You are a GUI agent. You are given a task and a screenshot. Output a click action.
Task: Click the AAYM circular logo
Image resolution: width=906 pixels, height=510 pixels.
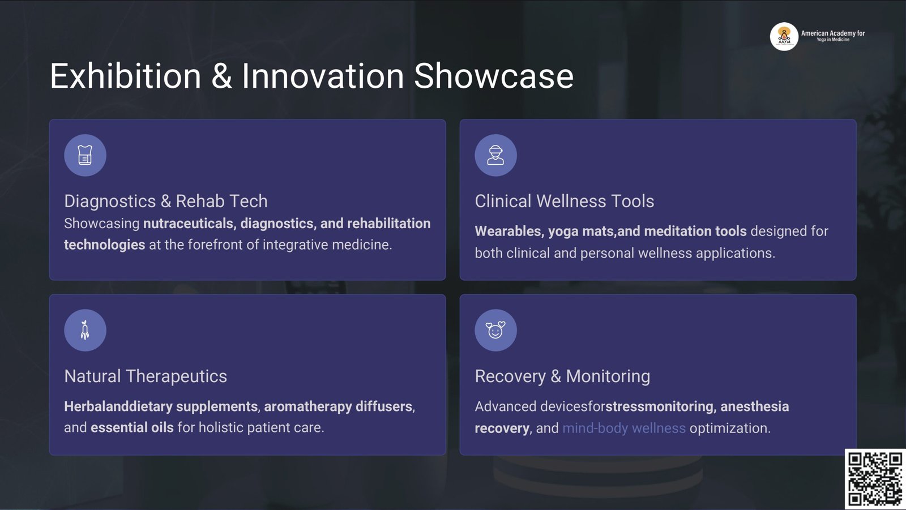point(784,36)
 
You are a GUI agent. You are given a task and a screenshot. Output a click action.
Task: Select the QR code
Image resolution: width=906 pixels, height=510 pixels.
point(875,479)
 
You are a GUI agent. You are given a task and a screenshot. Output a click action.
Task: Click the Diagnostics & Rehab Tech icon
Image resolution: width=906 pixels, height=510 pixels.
point(85,155)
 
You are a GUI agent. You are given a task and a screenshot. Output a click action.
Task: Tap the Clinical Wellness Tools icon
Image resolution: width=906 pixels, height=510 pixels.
point(495,155)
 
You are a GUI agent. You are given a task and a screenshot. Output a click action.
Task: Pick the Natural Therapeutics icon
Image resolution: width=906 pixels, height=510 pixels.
point(85,331)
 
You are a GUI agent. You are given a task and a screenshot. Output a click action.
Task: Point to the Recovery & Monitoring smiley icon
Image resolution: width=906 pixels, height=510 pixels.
point(495,331)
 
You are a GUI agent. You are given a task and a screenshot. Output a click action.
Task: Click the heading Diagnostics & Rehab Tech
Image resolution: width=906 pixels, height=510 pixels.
point(166,202)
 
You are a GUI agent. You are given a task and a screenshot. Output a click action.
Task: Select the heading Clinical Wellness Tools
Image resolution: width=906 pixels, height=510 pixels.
point(564,202)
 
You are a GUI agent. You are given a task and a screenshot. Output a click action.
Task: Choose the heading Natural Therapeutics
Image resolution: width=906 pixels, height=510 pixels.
point(146,376)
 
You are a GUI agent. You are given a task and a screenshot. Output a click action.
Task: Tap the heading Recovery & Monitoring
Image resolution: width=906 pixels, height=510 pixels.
point(563,376)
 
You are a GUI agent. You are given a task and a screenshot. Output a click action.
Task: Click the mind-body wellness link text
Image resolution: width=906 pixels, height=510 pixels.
point(624,428)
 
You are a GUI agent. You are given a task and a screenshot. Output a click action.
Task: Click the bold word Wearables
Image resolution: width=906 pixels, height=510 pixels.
point(510,232)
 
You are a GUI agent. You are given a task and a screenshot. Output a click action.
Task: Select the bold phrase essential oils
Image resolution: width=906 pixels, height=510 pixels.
point(133,427)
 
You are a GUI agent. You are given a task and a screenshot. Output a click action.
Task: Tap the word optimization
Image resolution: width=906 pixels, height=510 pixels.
point(730,428)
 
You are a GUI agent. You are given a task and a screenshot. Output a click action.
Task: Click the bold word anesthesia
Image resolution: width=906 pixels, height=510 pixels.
point(755,406)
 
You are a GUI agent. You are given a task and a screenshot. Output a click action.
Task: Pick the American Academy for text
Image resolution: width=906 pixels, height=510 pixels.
point(833,33)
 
